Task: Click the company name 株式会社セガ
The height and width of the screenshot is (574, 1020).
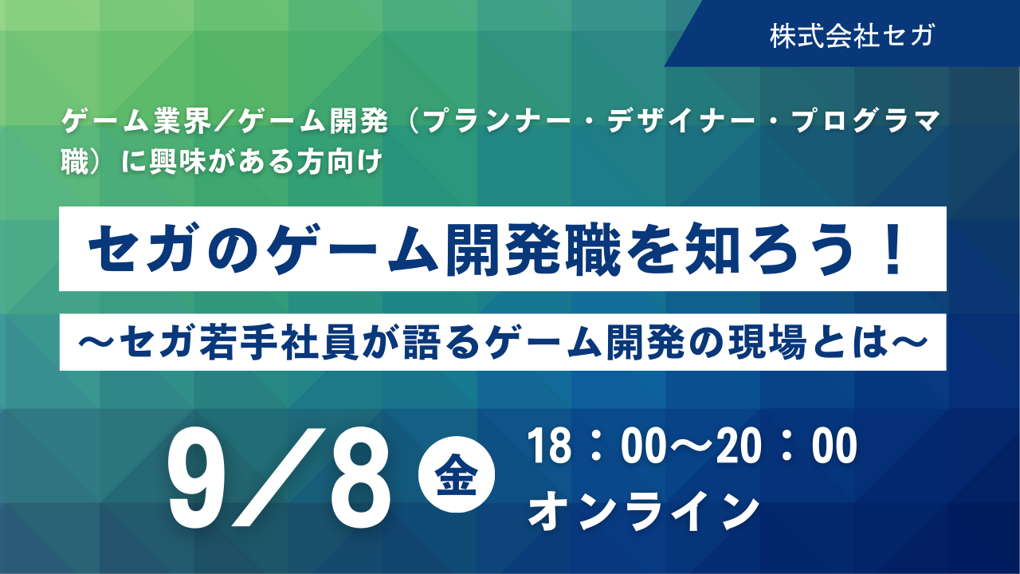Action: (x=852, y=36)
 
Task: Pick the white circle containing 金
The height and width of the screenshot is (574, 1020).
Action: (x=457, y=474)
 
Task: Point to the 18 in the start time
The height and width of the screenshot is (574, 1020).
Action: (x=549, y=446)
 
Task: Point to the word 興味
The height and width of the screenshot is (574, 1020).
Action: (x=178, y=162)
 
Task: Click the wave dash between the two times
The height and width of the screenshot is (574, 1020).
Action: (x=692, y=446)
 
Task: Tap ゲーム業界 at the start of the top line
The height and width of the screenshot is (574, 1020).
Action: (x=137, y=121)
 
